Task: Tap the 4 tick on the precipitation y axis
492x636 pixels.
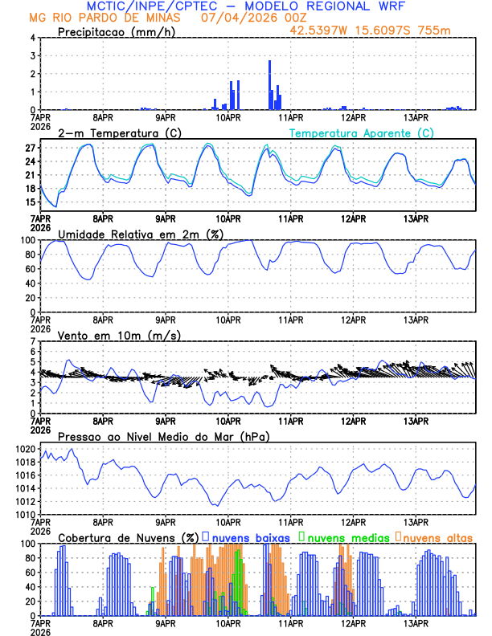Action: click(x=32, y=38)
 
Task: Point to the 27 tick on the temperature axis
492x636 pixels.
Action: click(x=30, y=149)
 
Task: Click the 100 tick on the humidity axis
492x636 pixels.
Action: click(x=27, y=240)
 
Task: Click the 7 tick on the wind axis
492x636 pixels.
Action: click(x=32, y=341)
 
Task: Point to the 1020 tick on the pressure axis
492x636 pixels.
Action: click(x=26, y=449)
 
